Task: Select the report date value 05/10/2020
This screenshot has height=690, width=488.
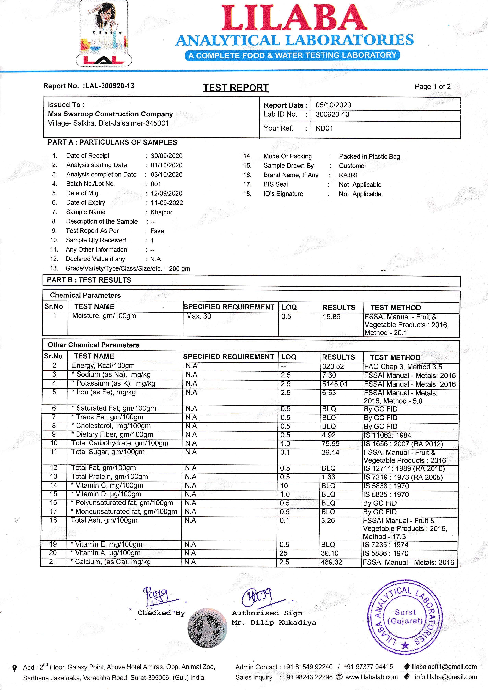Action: pyautogui.click(x=333, y=105)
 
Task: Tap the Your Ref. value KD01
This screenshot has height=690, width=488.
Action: pyautogui.click(x=324, y=128)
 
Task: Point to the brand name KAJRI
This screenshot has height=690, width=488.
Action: pyautogui.click(x=348, y=175)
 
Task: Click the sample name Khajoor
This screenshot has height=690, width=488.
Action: pyautogui.click(x=161, y=212)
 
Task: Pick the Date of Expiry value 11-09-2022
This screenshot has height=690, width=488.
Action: pyautogui.click(x=167, y=203)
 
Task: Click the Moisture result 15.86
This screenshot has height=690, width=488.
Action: pyautogui.click(x=332, y=316)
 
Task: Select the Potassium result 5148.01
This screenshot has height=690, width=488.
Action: pyautogui.click(x=335, y=384)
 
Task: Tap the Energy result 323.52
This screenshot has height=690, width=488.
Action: pyautogui.click(x=333, y=367)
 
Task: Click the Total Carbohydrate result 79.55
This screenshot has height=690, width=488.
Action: pyautogui.click(x=331, y=443)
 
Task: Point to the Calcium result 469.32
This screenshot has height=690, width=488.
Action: pyautogui.click(x=331, y=562)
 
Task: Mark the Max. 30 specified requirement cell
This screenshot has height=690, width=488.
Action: pyautogui.click(x=199, y=316)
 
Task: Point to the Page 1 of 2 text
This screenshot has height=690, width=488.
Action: pyautogui.click(x=432, y=87)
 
